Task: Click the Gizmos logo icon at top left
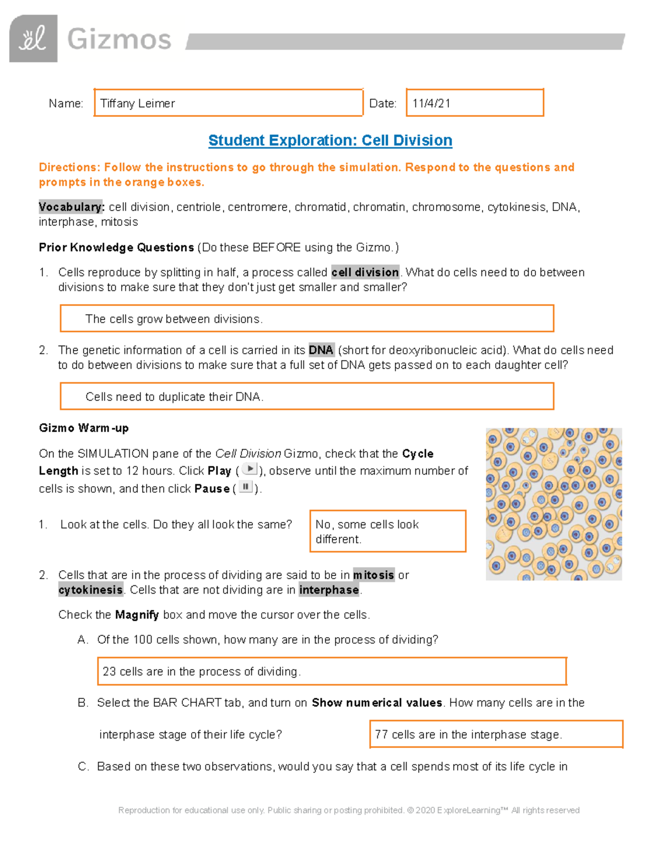[33, 39]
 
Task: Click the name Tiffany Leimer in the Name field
[138, 104]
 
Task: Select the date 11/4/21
[431, 104]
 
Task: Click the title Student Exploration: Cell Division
[330, 141]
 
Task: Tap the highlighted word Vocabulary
[71, 207]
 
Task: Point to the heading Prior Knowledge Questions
[116, 247]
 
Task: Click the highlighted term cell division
[365, 272]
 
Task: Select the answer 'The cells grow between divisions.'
[174, 319]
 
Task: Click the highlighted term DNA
[321, 350]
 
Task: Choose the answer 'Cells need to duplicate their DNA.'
[175, 397]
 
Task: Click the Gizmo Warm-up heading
[84, 428]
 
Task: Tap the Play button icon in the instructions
[250, 470]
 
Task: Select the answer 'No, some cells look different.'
[367, 531]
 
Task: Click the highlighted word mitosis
[373, 575]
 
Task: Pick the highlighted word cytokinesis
[91, 590]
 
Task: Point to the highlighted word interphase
[329, 590]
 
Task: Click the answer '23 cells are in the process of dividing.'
[202, 671]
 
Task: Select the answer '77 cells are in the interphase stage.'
[468, 734]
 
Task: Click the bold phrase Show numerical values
[377, 703]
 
